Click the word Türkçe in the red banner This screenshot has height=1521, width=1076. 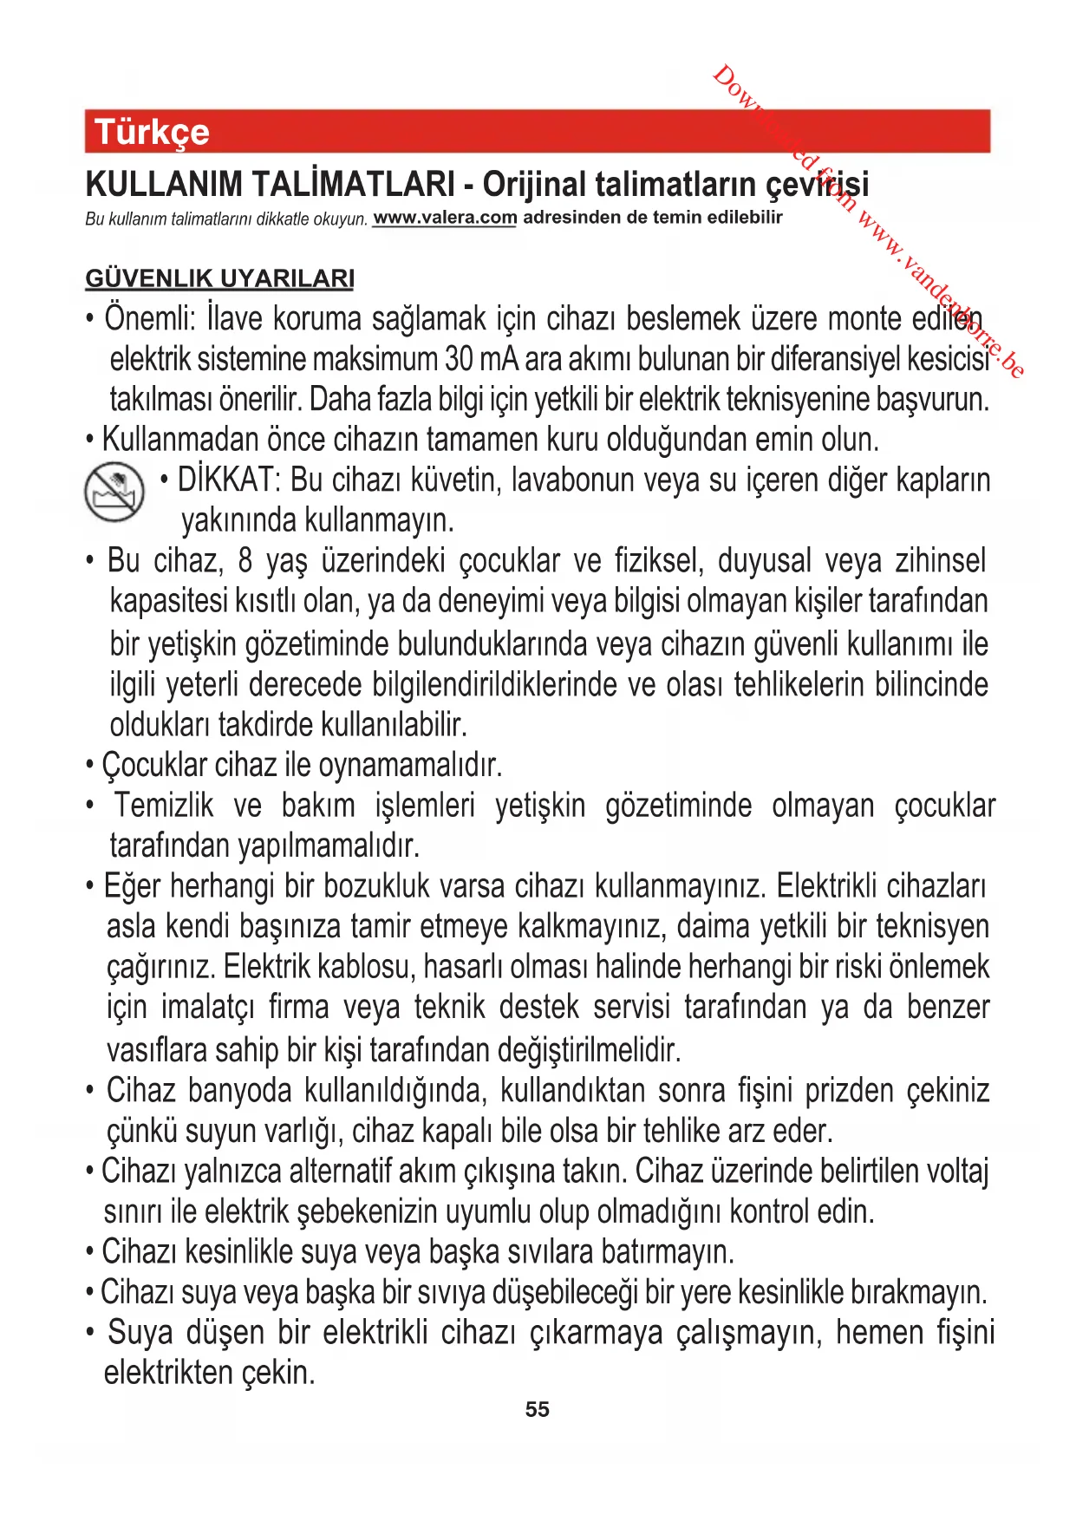point(152,132)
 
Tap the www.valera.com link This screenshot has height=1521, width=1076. point(445,218)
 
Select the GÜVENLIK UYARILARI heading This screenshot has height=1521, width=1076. point(219,278)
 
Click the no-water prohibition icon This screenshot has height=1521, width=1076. point(114,492)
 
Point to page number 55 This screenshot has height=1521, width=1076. point(538,1409)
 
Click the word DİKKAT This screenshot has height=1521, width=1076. point(226,480)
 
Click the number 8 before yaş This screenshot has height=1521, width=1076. point(245,561)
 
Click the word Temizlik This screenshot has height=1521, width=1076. point(164,806)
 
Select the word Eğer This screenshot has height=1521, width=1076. point(132,886)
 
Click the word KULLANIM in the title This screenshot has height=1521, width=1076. point(164,185)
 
